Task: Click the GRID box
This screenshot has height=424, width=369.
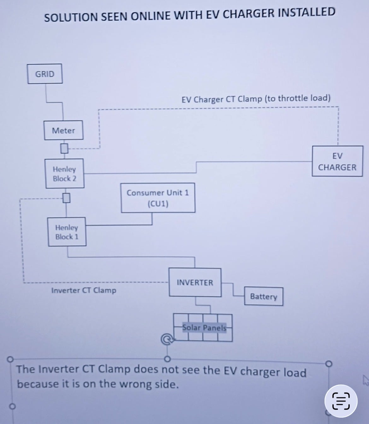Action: click(45, 74)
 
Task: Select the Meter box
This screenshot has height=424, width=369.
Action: click(63, 130)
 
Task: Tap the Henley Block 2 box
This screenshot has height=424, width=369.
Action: click(65, 174)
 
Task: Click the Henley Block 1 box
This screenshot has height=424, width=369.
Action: click(67, 232)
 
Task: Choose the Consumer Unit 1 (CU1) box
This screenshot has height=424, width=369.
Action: click(158, 198)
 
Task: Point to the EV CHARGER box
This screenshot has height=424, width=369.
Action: click(337, 161)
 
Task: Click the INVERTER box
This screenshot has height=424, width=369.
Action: click(195, 282)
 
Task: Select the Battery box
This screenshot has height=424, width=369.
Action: click(264, 296)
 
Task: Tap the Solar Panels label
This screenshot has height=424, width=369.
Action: click(204, 327)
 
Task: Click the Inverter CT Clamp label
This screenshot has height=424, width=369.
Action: click(84, 290)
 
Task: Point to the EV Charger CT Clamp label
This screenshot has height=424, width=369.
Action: click(256, 99)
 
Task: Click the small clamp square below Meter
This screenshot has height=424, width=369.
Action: click(64, 148)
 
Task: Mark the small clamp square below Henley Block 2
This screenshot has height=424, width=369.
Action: click(66, 198)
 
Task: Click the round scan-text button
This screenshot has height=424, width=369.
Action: click(341, 401)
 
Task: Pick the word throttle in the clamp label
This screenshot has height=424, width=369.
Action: click(292, 98)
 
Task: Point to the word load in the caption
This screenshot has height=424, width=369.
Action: click(295, 372)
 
